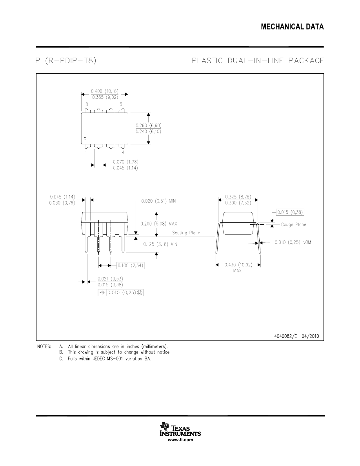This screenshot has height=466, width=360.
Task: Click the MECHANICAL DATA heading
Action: [292, 27]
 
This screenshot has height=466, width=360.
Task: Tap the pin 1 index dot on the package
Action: [85, 138]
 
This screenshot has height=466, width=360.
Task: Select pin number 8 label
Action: [86, 104]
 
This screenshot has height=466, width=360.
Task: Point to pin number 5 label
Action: [121, 104]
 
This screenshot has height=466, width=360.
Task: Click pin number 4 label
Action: [123, 152]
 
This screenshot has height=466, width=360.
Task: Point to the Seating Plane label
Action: [186, 233]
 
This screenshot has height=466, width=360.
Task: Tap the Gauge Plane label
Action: [293, 224]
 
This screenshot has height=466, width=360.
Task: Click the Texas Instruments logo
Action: [180, 430]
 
